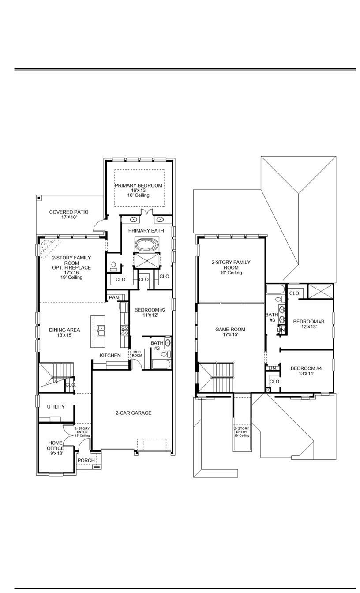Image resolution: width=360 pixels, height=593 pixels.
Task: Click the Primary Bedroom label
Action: [139, 186]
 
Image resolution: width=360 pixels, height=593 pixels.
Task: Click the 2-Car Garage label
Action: [133, 413]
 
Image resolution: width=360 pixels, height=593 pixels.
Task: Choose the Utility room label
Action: [56, 407]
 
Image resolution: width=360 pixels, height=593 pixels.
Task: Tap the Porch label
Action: [86, 460]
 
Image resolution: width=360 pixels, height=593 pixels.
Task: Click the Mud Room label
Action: [137, 354]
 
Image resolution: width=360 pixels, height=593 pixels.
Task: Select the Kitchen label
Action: [110, 355]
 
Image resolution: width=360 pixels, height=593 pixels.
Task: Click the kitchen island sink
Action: [101, 328]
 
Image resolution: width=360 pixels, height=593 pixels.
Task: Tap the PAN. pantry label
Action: [114, 298]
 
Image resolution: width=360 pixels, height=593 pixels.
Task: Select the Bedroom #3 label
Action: [308, 324]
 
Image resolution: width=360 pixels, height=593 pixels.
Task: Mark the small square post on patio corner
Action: [39, 198]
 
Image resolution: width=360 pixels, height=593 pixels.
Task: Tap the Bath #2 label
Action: [157, 345]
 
